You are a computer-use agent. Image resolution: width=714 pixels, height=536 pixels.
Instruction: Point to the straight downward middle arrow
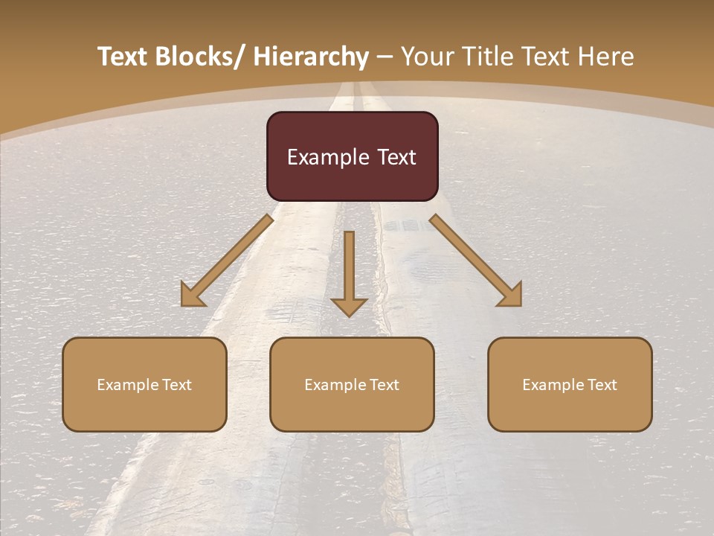[x=349, y=272]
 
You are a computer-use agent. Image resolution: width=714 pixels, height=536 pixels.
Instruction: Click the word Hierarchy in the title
[x=311, y=57]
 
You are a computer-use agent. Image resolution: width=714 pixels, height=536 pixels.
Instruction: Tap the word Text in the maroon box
[x=396, y=157]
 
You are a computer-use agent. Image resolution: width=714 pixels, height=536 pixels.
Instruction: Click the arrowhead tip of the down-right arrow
[x=520, y=304]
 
